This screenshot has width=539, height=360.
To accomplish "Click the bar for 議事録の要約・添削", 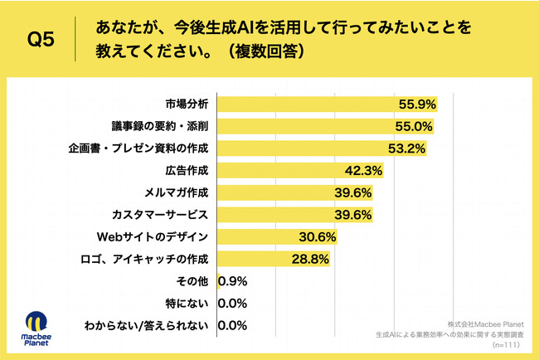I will click(x=322, y=126).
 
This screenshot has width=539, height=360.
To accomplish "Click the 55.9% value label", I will click(x=417, y=105).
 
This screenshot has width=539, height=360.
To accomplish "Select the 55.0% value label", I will click(x=414, y=126).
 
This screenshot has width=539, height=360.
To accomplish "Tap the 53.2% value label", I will click(x=407, y=148).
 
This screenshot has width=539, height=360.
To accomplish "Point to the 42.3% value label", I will click(x=363, y=171).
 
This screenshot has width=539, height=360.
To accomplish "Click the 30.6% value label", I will click(x=318, y=237).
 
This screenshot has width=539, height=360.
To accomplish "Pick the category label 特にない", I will click(x=188, y=304).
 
